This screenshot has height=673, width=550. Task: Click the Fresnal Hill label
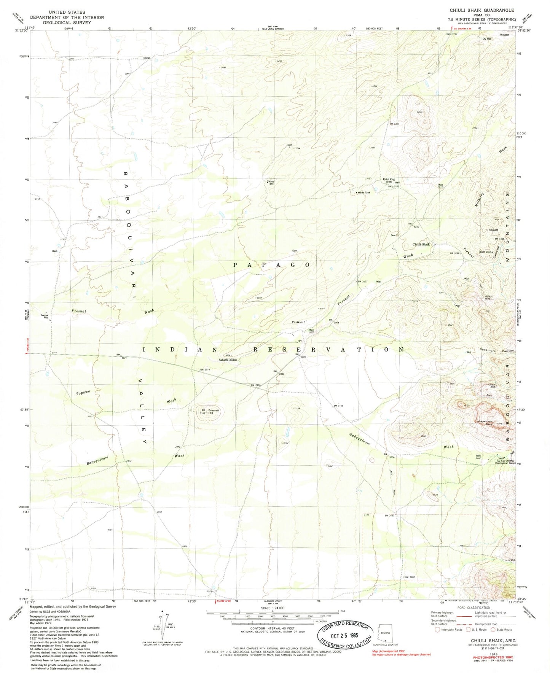coord(214,412)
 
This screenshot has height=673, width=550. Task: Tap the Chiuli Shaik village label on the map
coord(421,244)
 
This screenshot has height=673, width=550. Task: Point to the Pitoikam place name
coord(298,322)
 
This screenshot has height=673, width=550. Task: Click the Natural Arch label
coord(492,385)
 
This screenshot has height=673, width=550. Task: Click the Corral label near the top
coord(147,58)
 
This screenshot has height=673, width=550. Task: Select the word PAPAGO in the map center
coord(272,265)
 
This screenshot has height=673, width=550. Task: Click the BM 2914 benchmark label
coord(204,370)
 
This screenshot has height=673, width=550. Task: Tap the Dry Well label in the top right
coord(487,38)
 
